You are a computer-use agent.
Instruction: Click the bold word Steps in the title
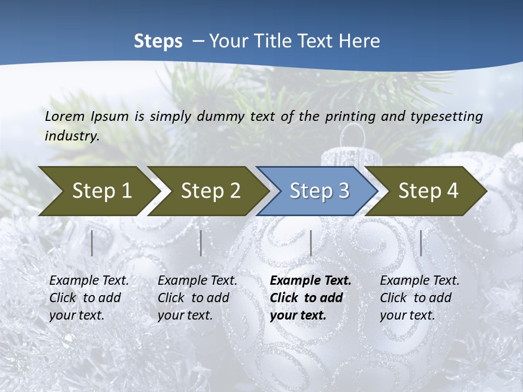tap(158, 41)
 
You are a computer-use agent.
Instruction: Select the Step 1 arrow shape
tap(98, 191)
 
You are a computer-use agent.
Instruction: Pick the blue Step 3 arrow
tap(319, 191)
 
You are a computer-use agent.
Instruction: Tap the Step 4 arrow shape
tap(428, 191)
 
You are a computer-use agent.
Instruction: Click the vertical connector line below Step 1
tap(92, 243)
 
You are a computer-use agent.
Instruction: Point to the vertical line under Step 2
tap(201, 243)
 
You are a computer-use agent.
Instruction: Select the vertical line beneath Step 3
tap(311, 243)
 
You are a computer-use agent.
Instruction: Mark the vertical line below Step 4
tap(421, 243)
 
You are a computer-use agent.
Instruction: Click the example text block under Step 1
tap(89, 298)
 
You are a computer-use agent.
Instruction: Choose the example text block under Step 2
tap(197, 298)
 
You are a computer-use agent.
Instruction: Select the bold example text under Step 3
tap(311, 298)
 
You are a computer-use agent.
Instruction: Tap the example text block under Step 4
tap(419, 298)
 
